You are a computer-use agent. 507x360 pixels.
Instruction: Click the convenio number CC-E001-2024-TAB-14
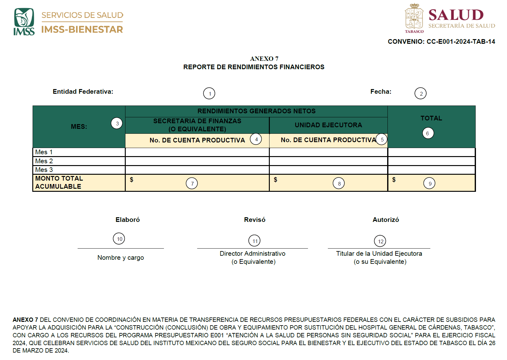click(x=461, y=42)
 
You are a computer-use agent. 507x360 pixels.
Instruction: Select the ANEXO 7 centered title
click(x=264, y=59)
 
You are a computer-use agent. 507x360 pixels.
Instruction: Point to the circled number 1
click(x=209, y=93)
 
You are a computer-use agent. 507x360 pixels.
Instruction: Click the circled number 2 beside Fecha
click(x=421, y=93)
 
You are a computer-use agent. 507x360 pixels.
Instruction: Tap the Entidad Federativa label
click(x=83, y=92)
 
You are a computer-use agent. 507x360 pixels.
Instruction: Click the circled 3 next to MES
click(x=117, y=124)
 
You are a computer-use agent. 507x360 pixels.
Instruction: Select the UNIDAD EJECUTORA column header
click(x=328, y=125)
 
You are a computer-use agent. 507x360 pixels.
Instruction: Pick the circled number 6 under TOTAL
click(x=428, y=133)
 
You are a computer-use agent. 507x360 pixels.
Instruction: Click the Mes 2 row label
click(x=44, y=161)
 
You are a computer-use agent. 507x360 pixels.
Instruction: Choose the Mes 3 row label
click(x=44, y=170)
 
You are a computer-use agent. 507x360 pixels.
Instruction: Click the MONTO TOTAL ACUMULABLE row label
click(x=59, y=182)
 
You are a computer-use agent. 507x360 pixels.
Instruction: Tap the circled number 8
click(x=339, y=183)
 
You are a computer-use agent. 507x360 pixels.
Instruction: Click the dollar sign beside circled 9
click(x=394, y=180)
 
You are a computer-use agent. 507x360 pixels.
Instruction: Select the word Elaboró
click(x=128, y=220)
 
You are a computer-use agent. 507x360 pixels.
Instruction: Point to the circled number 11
click(x=255, y=241)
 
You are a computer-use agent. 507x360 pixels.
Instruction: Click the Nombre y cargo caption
click(x=120, y=258)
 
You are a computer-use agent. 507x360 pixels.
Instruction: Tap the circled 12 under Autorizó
click(x=380, y=241)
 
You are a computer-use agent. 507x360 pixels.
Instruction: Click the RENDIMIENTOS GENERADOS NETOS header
click(x=256, y=111)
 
